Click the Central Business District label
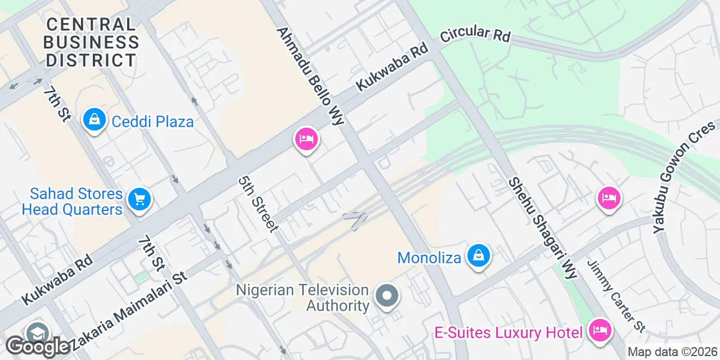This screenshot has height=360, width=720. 91,42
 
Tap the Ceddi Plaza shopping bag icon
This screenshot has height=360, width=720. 94,120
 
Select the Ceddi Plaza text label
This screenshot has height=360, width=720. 152,121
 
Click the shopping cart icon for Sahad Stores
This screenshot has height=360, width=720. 138,199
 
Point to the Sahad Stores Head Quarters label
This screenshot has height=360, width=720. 72,202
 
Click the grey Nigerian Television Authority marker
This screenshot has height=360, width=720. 386,295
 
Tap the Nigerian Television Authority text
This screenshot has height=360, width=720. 303,298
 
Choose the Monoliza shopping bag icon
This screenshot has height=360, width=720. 478,255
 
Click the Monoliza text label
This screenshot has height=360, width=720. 429,258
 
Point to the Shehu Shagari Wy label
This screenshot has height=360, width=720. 543,228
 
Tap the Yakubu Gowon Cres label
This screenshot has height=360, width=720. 684,178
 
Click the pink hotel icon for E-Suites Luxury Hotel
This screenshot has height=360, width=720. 600,330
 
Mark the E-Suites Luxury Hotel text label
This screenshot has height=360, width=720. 508,332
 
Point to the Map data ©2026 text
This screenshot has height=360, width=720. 672,352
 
